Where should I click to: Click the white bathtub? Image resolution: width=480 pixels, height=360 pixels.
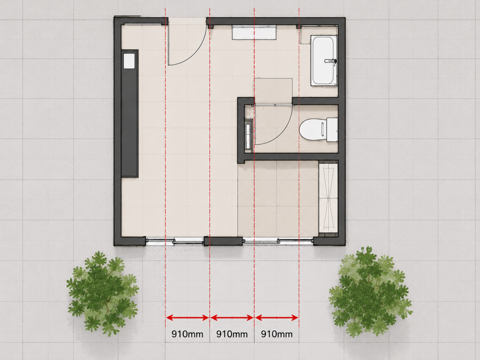[324, 60]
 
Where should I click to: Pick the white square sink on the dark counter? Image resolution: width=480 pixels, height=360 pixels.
[129, 60]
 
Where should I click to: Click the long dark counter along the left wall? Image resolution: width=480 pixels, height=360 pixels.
[129, 113]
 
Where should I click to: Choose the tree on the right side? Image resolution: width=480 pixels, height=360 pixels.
[370, 292]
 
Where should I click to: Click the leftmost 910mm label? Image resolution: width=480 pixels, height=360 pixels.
[187, 334]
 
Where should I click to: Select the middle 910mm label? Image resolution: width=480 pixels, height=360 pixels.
[232, 334]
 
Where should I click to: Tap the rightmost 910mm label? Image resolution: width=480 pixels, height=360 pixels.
[277, 334]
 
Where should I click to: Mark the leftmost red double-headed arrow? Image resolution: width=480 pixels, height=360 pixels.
[187, 318]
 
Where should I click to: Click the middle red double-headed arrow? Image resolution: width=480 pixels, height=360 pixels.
[232, 318]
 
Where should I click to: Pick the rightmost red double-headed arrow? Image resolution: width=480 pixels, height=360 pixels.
[277, 318]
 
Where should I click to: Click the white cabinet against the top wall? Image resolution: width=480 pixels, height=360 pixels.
[254, 32]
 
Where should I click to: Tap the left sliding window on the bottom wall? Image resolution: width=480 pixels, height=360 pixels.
[175, 241]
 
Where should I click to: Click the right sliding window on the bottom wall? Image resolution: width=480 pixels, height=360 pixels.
[278, 241]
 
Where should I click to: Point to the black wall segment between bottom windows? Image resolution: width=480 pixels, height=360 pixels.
[223, 241]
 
